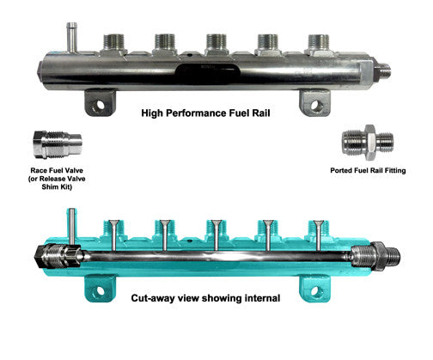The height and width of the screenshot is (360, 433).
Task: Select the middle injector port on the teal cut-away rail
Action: (216, 230)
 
